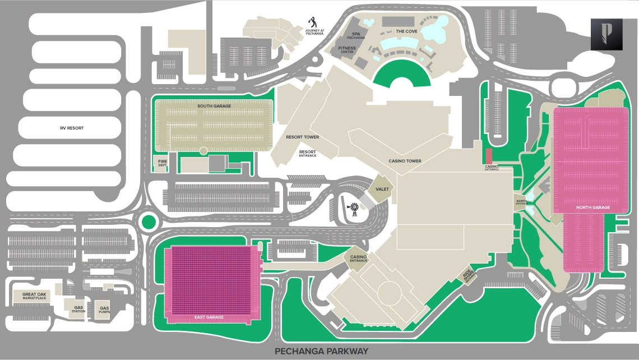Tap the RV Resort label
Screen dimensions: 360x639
(x=72, y=128)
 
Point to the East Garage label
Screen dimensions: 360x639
(x=209, y=317)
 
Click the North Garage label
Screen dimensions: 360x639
(x=593, y=207)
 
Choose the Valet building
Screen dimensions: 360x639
(x=382, y=190)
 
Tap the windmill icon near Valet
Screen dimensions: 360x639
(x=354, y=209)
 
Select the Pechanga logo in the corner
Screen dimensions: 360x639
(x=606, y=34)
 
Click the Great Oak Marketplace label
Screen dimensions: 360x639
(x=34, y=296)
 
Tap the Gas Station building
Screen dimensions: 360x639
(x=78, y=308)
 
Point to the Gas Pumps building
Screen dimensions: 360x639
(x=104, y=308)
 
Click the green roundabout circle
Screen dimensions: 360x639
(x=147, y=221)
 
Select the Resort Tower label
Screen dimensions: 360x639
(x=302, y=137)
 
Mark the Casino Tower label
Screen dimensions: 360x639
(x=405, y=161)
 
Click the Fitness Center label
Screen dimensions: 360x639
(x=346, y=50)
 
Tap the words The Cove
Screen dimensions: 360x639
(x=407, y=31)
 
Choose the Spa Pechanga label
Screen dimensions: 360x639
(x=355, y=35)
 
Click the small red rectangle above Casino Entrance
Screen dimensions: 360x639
(x=488, y=156)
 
